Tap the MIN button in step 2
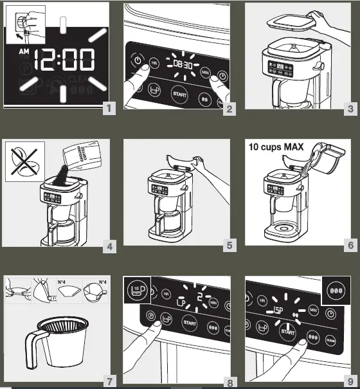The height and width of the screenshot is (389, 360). (x=205, y=71)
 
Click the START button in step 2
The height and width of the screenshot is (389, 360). (x=179, y=94)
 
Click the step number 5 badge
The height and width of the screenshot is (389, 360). (x=230, y=245)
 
